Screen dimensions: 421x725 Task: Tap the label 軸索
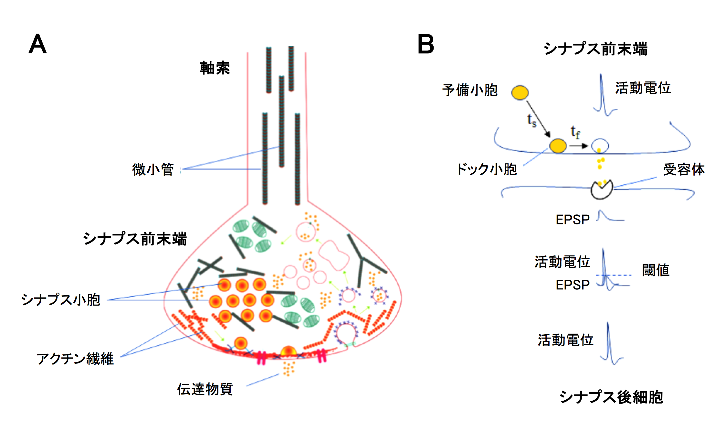pos(215,68)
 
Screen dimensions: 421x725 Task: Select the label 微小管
pos(153,169)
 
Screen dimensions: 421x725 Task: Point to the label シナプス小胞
pos(61,300)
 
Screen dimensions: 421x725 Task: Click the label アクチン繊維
pos(75,359)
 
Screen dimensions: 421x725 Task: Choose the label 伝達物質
pos(205,389)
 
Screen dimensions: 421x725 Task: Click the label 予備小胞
pos(470,90)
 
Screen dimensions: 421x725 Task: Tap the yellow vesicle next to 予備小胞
pos(520,92)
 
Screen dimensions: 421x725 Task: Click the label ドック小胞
pos(487,169)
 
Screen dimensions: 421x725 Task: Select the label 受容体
pos(684,169)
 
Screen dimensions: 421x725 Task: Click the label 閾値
pos(656,270)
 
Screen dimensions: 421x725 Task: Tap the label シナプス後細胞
pos(611,397)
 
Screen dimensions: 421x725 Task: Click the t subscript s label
pos(531,120)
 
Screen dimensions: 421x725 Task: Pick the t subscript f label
pos(575,132)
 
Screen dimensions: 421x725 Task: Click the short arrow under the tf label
pos(578,146)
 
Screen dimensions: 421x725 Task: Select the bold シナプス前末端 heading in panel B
pos(595,49)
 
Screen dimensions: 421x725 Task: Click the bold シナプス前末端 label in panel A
pos(135,239)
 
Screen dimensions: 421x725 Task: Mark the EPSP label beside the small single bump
pos(573,220)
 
